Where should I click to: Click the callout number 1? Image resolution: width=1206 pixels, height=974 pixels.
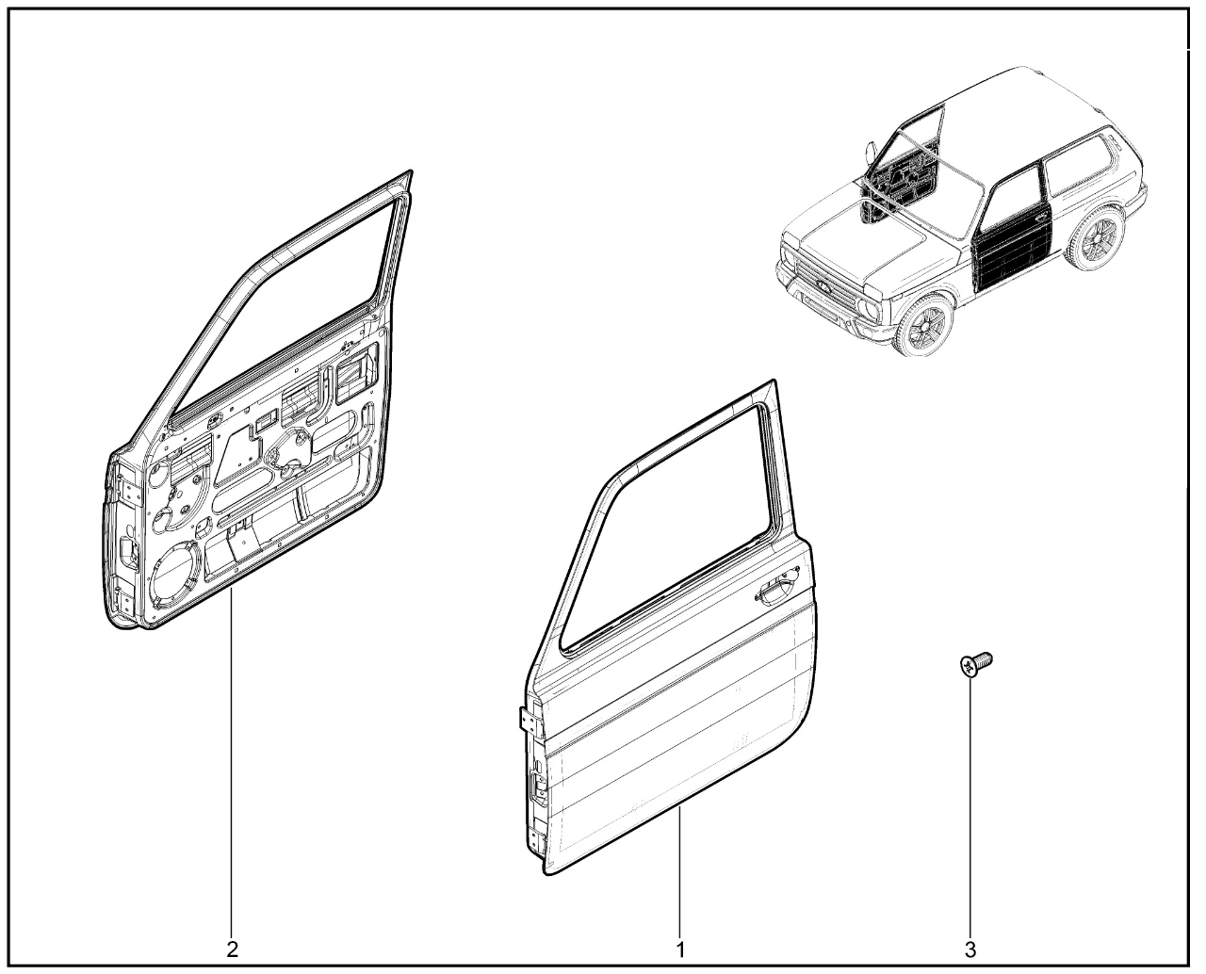[680, 950]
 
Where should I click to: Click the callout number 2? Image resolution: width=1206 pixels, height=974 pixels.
[232, 950]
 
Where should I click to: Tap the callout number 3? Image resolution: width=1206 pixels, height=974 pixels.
[970, 950]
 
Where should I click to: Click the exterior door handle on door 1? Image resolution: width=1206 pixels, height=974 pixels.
[776, 594]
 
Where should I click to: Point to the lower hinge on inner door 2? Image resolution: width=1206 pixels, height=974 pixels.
[124, 600]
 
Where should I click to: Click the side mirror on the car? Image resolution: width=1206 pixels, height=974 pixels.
[872, 152]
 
